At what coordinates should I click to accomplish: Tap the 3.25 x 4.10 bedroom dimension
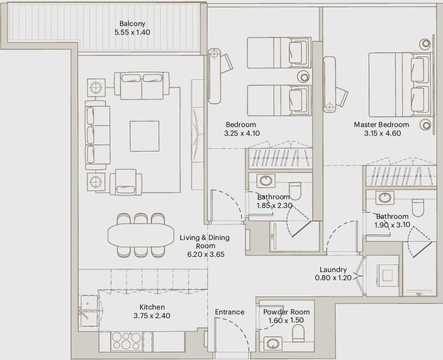coord(242,133)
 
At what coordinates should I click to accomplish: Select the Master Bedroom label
coord(382,125)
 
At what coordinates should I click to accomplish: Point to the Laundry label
coord(333,269)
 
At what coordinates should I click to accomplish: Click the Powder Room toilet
coord(298,333)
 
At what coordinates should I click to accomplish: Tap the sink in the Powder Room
coord(273,344)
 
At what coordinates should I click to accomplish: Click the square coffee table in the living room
coord(144,136)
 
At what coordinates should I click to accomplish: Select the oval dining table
coord(141,235)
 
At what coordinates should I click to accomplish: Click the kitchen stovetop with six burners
coord(126,341)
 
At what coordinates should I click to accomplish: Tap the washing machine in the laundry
coord(387,275)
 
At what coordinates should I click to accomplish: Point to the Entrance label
coord(230,312)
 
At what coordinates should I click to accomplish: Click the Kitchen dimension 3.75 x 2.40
coord(152,315)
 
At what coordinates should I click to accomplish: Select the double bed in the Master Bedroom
coord(400,85)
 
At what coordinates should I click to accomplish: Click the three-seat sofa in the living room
coord(98,135)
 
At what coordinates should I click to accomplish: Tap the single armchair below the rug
coord(126,182)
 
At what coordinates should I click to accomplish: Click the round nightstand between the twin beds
coord(303,77)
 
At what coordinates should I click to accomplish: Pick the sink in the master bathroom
coord(385,198)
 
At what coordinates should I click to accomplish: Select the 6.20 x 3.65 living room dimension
coord(206,254)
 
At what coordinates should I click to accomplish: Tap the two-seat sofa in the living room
coord(142,86)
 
